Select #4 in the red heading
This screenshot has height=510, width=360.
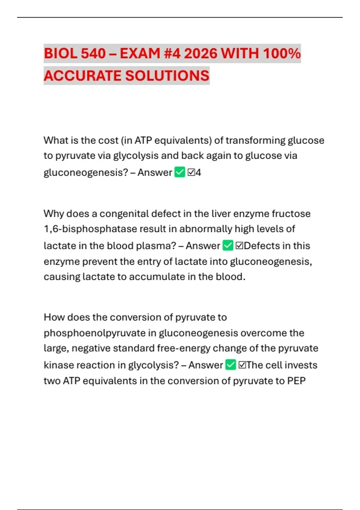[x=172, y=54]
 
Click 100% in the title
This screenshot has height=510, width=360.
[x=282, y=54]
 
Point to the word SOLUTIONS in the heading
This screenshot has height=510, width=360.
[x=167, y=76]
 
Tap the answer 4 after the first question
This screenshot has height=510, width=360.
[x=198, y=172]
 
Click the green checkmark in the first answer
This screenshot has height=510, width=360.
[x=180, y=172]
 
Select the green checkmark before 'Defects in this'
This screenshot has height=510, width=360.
[x=228, y=245]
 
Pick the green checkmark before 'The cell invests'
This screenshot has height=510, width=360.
[x=230, y=365]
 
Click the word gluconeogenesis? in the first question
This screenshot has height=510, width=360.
[x=86, y=172]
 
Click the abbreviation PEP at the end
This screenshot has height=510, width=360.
[x=296, y=381]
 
